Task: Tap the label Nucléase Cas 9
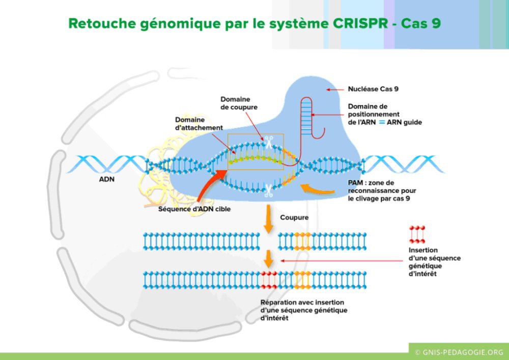coord(373,89)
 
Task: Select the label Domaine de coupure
coord(239,103)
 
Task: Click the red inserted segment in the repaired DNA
coord(269,279)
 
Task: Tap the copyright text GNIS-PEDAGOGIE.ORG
coord(459,352)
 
